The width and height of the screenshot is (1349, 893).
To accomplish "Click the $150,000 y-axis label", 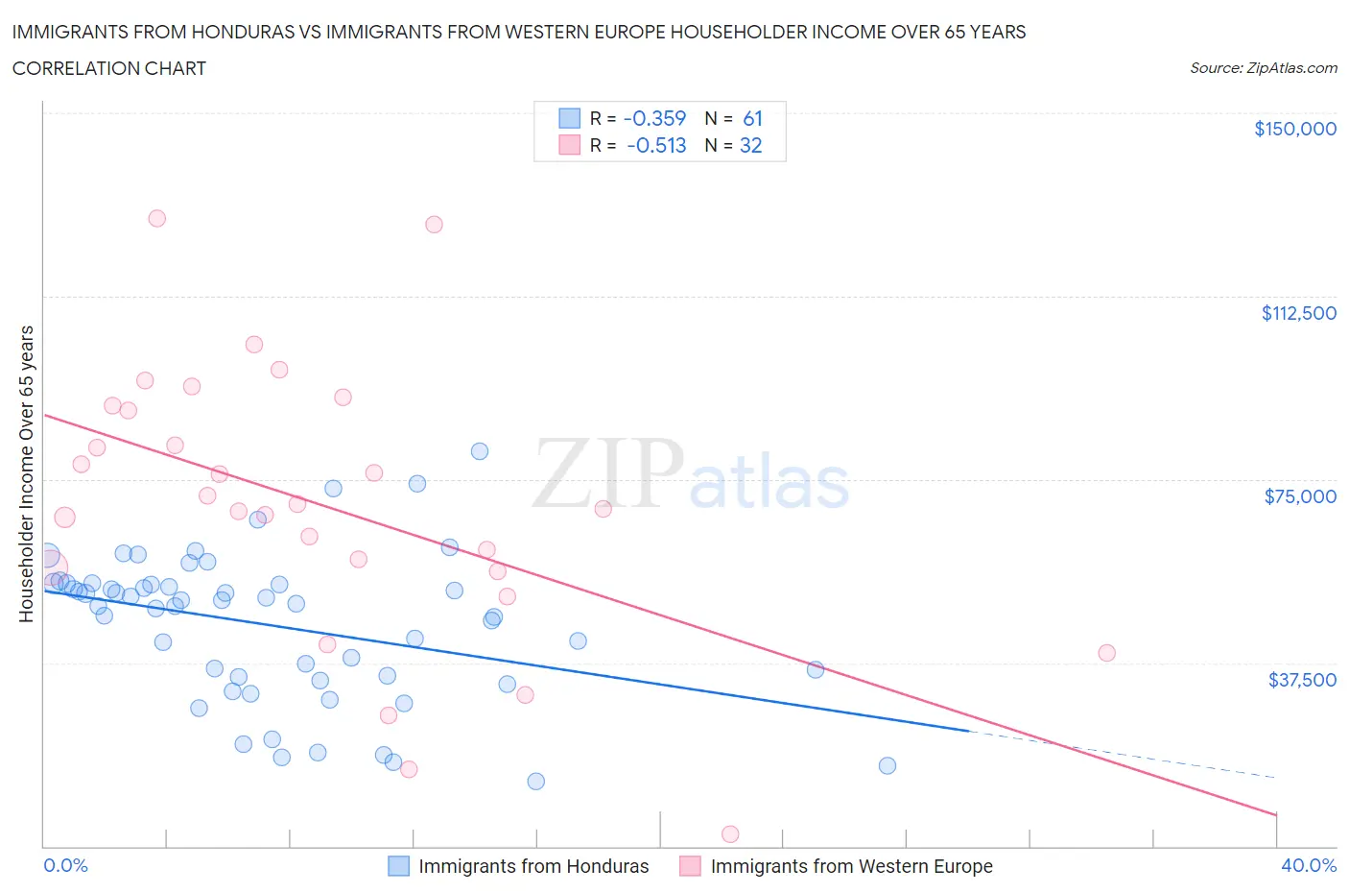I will click(x=1294, y=129).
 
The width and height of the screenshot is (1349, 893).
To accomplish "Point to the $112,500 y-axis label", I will click(x=1298, y=313).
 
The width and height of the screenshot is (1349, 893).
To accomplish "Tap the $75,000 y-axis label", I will click(x=1300, y=496).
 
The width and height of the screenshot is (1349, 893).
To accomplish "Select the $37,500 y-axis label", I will click(x=1302, y=680).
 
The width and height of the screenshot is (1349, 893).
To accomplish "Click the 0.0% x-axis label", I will click(x=66, y=866).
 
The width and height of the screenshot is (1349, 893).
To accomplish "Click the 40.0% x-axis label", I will click(x=1309, y=866).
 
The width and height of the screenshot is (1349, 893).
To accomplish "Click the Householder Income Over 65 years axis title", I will click(x=26, y=473).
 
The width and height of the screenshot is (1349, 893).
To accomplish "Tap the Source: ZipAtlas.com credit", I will click(x=1263, y=68).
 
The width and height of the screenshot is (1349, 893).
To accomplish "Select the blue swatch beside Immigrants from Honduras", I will click(x=398, y=866).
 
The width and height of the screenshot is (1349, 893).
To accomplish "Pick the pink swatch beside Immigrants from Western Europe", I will click(x=690, y=866).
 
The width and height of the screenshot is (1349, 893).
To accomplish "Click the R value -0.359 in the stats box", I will click(x=654, y=118).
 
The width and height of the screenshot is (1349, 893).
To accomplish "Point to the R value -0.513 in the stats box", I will click(x=656, y=146).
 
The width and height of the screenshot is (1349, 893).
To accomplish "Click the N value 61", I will click(x=752, y=118).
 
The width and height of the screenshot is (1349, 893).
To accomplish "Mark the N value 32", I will click(x=750, y=146).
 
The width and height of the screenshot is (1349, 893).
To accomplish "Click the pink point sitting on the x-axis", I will click(x=730, y=834).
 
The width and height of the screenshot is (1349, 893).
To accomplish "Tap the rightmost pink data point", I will click(x=1106, y=653).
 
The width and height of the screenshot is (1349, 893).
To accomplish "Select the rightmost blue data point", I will click(x=887, y=765).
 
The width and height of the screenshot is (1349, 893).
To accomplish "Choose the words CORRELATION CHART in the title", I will click(x=109, y=68).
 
